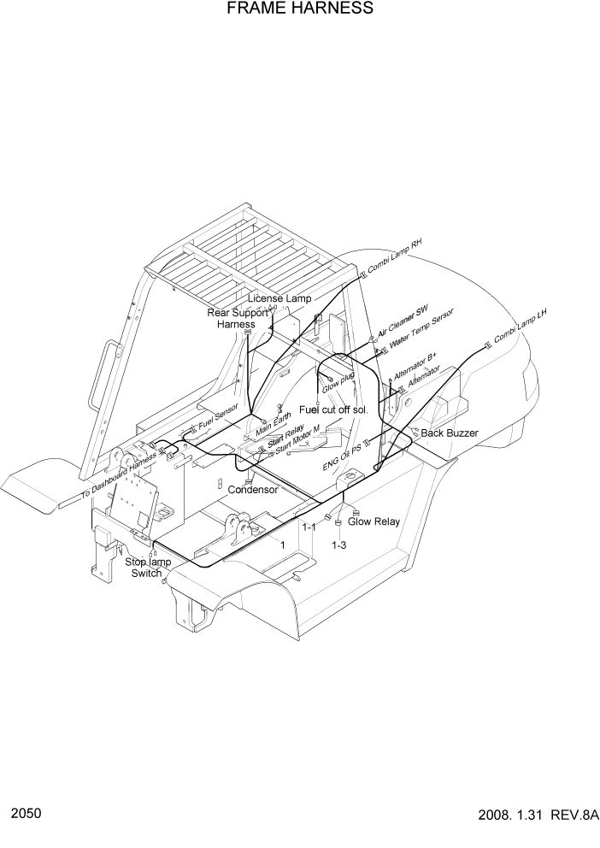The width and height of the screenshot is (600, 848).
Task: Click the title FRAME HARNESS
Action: [300, 9]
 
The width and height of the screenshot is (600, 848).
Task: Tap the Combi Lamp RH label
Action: [395, 256]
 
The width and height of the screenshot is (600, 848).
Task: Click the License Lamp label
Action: [279, 298]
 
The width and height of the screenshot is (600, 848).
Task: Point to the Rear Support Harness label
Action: [236, 319]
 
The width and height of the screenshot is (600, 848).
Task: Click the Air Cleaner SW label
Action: [403, 322]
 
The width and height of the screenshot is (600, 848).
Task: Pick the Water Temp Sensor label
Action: [421, 330]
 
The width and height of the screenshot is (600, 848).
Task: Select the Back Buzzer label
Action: [450, 433]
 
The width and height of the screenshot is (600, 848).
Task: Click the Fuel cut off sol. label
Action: [332, 410]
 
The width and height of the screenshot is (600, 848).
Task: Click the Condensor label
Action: [252, 490]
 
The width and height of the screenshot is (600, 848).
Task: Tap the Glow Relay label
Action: [374, 521]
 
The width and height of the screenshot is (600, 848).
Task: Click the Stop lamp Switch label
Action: [147, 568]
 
